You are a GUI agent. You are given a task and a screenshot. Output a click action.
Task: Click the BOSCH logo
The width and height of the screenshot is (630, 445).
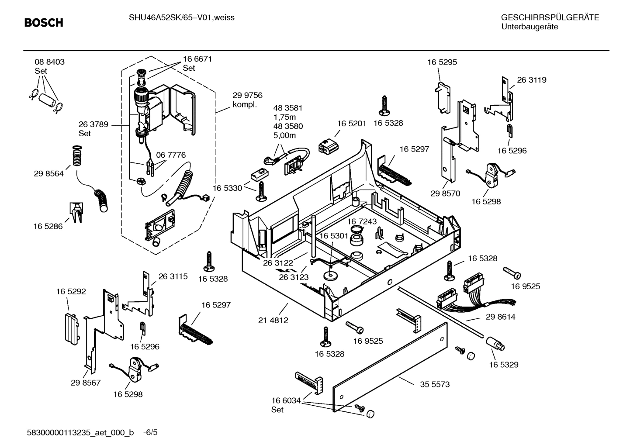[x=44, y=23]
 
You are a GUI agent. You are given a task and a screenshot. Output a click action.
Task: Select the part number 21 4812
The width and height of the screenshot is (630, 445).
[x=273, y=320]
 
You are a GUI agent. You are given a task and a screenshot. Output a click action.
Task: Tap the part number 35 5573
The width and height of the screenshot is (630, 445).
[x=435, y=384]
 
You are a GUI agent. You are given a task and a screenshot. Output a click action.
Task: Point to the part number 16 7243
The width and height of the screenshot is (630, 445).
[x=362, y=221]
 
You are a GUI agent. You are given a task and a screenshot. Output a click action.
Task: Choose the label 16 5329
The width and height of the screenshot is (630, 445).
[x=503, y=364]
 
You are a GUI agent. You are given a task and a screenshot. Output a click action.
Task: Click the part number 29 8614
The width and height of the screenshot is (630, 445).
[x=500, y=317]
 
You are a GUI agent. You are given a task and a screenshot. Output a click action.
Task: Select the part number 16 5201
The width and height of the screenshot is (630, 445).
[x=351, y=124]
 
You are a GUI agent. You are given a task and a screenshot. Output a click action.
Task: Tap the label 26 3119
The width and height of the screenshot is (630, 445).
[x=531, y=80]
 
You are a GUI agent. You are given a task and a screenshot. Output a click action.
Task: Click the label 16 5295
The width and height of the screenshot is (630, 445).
[x=442, y=62]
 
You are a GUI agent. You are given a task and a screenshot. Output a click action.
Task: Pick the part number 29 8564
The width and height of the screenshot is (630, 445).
[x=48, y=173]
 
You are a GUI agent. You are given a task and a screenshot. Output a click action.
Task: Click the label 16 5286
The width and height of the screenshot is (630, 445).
[x=48, y=226]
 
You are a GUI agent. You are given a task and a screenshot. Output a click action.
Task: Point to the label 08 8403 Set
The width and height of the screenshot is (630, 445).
[x=49, y=66]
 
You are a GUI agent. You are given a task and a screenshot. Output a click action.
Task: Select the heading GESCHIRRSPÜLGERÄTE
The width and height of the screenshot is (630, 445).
[x=550, y=17]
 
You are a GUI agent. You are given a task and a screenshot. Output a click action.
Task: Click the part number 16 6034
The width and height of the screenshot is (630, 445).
[x=286, y=400]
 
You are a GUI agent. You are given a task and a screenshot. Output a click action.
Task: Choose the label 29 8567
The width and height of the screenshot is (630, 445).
[x=86, y=383]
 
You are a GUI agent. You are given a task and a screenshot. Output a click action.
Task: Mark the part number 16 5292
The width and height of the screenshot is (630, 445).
[x=71, y=291]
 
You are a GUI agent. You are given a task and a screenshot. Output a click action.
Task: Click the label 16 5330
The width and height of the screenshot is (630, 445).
[x=227, y=188]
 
